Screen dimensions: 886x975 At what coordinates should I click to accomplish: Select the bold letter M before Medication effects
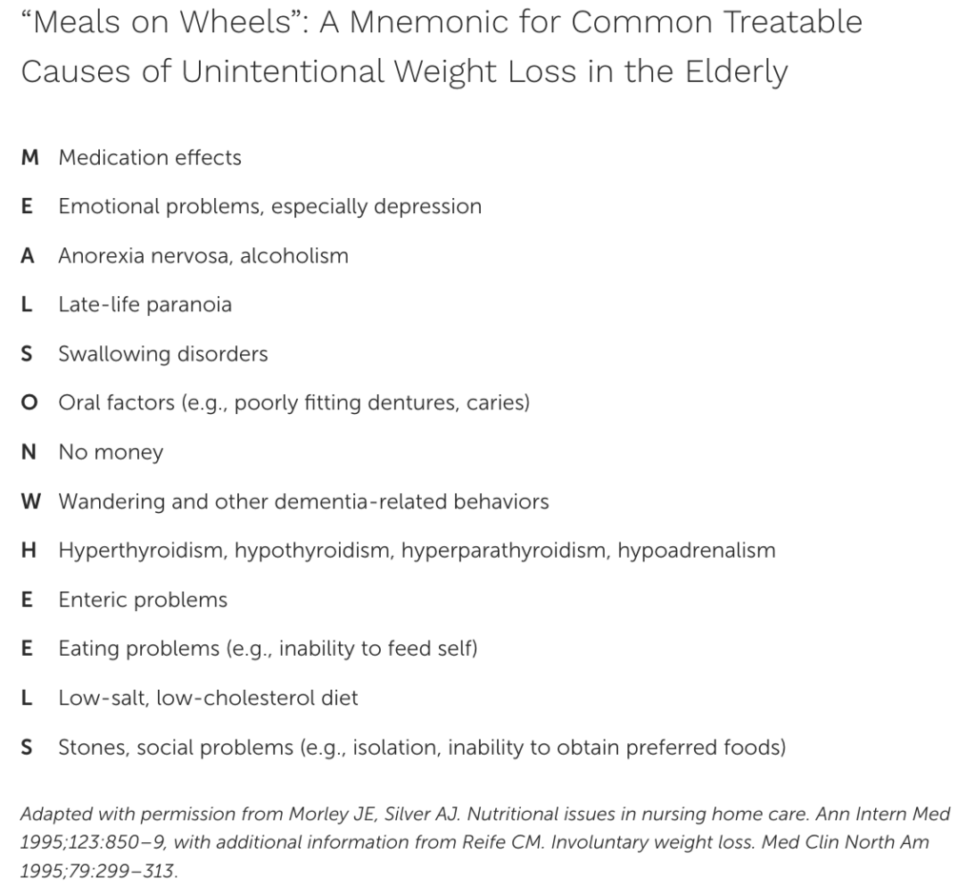tap(30, 157)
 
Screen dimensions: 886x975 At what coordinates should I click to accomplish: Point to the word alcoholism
tap(294, 256)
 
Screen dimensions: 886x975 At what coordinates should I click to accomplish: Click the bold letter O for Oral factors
tap(30, 404)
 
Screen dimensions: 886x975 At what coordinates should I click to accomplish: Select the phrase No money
tap(110, 453)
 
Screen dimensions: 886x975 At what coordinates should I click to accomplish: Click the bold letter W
tap(30, 502)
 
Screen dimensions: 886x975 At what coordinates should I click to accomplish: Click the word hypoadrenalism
tap(697, 551)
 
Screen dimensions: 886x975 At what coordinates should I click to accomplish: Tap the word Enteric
tap(92, 601)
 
